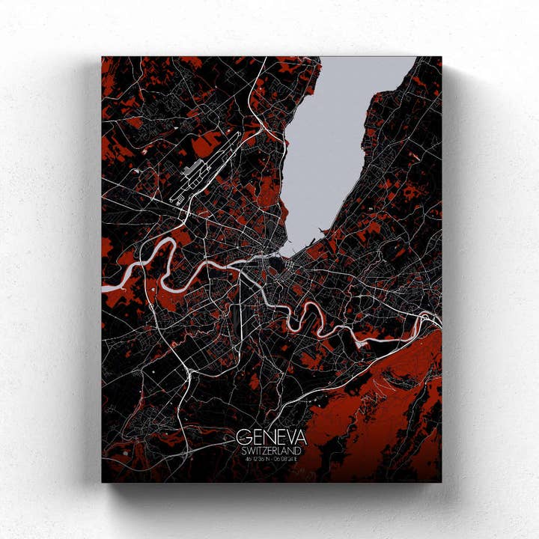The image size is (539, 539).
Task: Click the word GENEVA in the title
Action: point(271,437)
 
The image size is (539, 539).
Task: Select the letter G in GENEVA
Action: point(243,437)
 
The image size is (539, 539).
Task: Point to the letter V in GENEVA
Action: point(288,437)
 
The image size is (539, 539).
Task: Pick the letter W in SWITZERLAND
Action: point(250,451)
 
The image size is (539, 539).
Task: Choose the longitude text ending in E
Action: point(290,460)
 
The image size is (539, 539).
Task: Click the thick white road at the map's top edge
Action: point(264,60)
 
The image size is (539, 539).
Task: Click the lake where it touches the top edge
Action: point(359,59)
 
